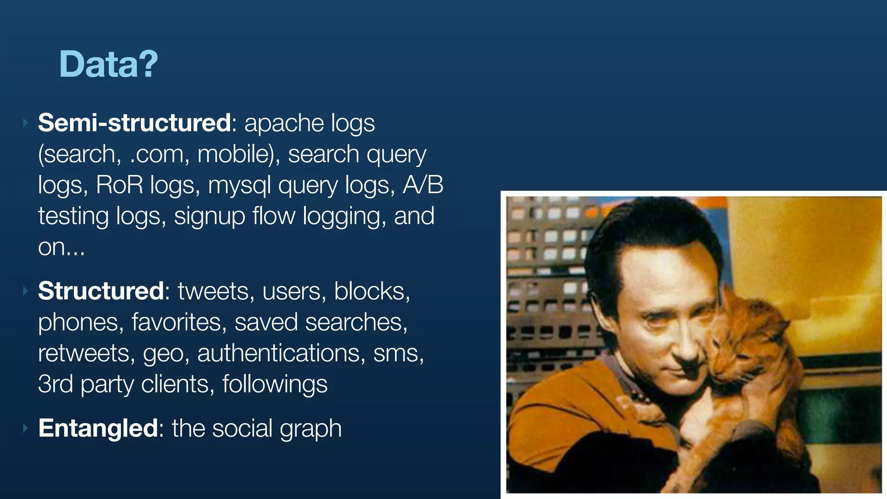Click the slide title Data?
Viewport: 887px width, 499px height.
[108, 64]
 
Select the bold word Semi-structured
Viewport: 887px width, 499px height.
[134, 123]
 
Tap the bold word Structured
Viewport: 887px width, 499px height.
[100, 291]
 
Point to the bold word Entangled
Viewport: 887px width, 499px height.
[98, 428]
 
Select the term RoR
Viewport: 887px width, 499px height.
[119, 185]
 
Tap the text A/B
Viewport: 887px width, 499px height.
[423, 185]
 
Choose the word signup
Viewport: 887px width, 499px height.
[210, 217]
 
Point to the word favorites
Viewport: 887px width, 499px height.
[179, 322]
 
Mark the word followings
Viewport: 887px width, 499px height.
[275, 385]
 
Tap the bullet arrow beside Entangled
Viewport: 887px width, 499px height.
[25, 428]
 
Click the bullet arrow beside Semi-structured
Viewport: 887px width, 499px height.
[25, 123]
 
